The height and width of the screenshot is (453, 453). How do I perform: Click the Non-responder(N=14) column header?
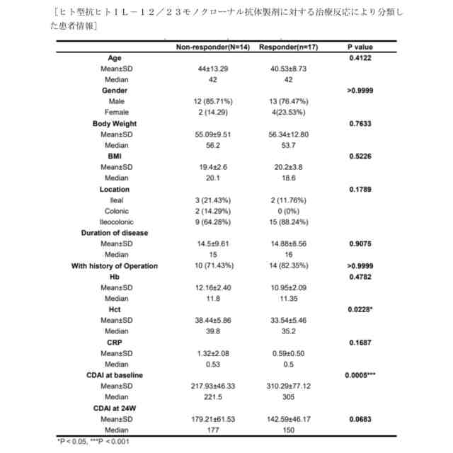tap(211, 47)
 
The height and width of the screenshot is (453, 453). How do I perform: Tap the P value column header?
tap(360, 47)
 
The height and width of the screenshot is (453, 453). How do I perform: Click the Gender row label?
tap(114, 91)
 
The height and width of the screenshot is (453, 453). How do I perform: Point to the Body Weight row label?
tap(115, 124)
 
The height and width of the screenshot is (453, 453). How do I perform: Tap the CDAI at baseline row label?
tap(115, 374)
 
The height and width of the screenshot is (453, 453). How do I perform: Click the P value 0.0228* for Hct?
tap(360, 309)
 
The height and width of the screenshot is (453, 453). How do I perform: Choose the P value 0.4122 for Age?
tap(360, 58)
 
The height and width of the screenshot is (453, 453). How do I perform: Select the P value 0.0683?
tap(360, 419)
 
